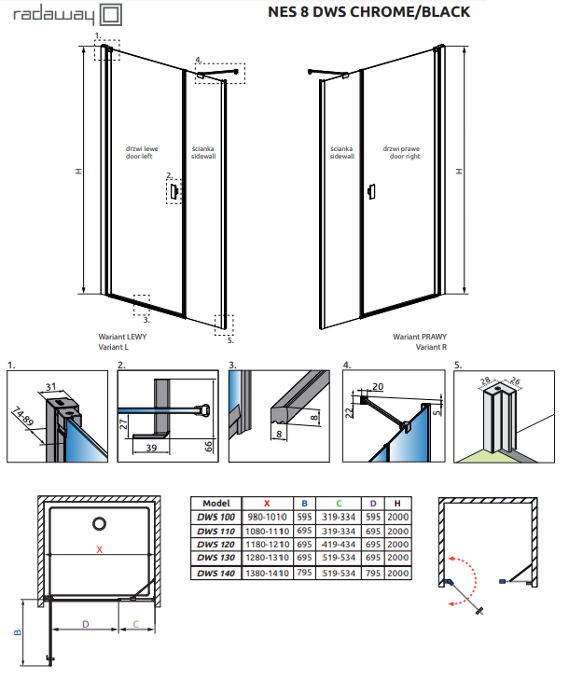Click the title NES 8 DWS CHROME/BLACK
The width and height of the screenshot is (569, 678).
(x=368, y=12)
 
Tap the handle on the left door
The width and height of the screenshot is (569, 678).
(x=173, y=190)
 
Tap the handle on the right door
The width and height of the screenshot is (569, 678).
(x=371, y=192)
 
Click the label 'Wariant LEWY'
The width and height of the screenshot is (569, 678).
(x=122, y=337)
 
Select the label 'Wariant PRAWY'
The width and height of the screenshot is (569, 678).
(x=419, y=337)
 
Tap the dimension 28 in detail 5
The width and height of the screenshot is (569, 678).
(x=487, y=381)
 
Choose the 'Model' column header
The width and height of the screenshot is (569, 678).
(x=215, y=502)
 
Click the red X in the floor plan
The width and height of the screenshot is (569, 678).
(x=99, y=549)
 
